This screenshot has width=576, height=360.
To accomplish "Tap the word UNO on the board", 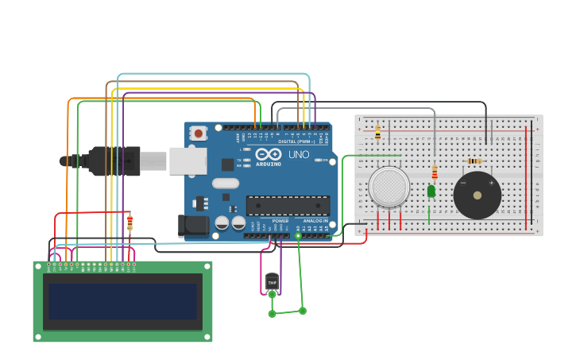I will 299,154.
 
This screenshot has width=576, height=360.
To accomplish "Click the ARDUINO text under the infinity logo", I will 268,165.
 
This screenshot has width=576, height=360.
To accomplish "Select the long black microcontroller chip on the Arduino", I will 288,206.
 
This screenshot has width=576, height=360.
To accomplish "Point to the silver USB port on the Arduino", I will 187,161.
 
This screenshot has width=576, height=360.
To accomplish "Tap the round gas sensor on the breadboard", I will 389,187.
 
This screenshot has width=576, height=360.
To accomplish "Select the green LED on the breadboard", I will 431,192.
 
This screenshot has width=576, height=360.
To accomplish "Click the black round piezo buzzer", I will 477,195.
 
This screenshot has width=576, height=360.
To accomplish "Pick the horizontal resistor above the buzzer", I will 474,161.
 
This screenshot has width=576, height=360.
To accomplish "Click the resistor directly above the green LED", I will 434,172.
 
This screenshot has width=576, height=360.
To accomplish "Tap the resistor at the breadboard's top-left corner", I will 377,132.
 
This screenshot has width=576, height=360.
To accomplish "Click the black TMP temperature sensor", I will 272,281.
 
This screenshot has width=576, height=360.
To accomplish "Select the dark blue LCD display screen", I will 122,301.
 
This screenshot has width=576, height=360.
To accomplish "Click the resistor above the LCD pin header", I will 130,223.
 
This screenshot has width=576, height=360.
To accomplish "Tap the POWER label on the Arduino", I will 280,221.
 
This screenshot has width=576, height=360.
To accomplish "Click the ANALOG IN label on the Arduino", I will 315,221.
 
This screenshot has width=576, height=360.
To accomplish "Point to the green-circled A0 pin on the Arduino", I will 298,235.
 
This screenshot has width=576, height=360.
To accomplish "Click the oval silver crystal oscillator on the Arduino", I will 225,184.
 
